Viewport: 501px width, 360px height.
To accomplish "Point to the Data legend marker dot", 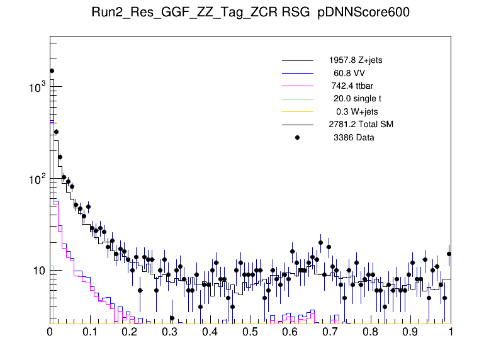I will (x=298, y=137).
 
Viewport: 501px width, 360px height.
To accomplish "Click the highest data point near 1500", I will (x=52, y=71).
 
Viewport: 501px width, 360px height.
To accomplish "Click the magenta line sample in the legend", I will (x=297, y=86).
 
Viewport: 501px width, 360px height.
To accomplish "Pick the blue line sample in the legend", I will (x=297, y=73).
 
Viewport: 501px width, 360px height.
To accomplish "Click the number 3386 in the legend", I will (x=344, y=137).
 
